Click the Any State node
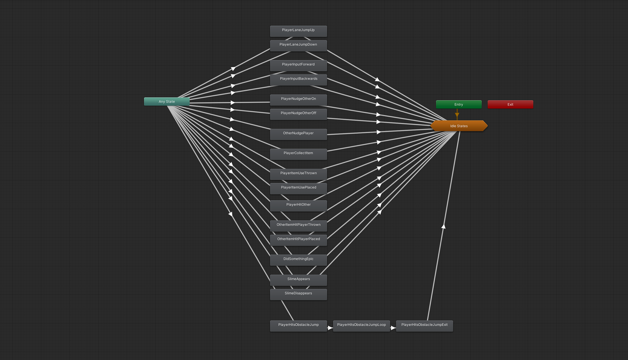(166, 102)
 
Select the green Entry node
(459, 105)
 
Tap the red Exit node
(510, 105)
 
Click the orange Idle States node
(459, 126)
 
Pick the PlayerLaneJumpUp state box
(298, 30)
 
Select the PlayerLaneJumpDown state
(298, 45)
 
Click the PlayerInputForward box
(298, 65)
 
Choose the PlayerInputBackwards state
(298, 79)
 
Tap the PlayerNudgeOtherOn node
(298, 99)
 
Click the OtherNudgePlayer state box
(298, 134)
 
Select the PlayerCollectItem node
(298, 154)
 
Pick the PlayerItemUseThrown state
(298, 174)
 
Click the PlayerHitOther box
(298, 205)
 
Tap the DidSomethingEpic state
(298, 260)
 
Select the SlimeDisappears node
(298, 294)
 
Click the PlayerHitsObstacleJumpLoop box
(361, 325)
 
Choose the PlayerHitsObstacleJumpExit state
(424, 325)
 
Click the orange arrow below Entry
(457, 115)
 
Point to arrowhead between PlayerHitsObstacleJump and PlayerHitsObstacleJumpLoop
(330, 328)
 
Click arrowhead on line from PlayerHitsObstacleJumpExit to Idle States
(444, 226)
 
